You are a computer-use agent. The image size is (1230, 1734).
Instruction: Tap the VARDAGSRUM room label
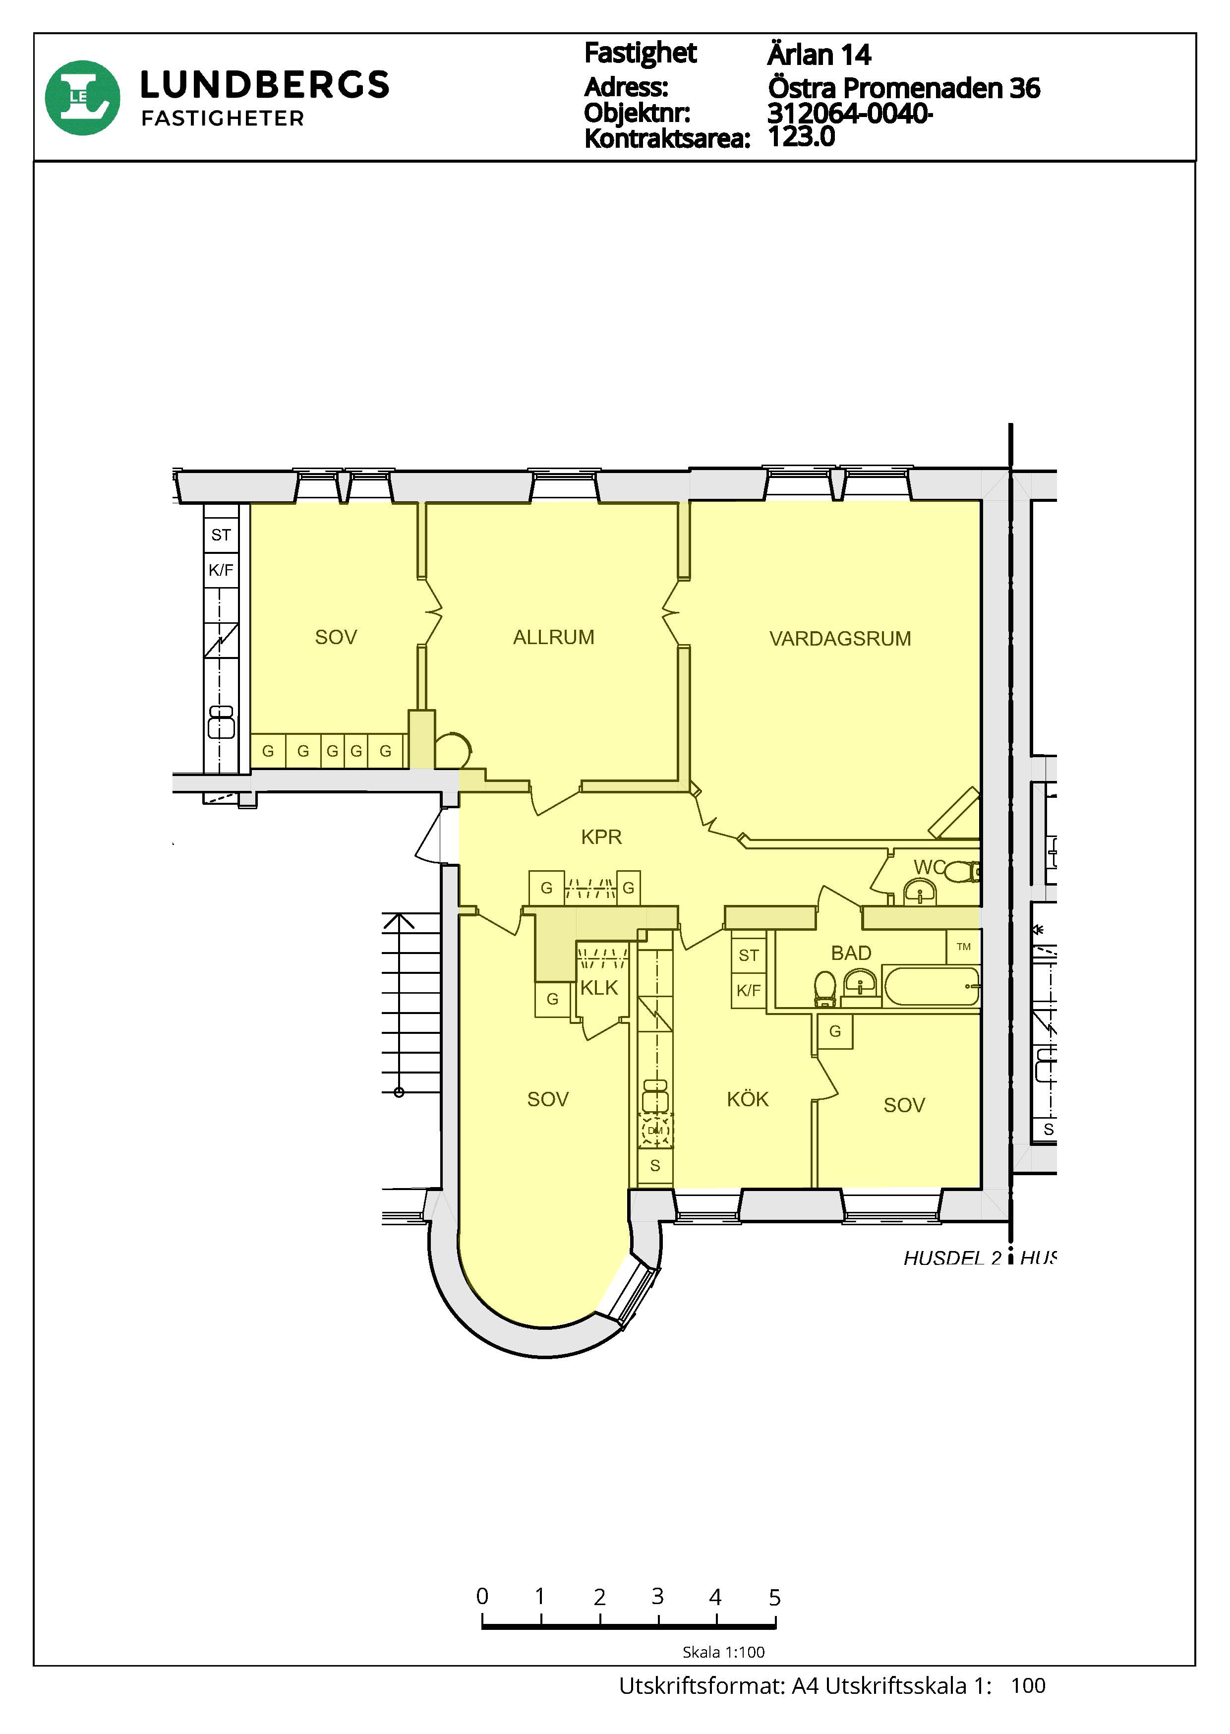click(x=840, y=639)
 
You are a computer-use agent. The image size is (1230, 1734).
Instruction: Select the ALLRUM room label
click(x=554, y=638)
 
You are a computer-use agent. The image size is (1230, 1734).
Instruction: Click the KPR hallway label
click(x=601, y=837)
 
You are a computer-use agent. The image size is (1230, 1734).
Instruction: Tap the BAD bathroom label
click(x=851, y=953)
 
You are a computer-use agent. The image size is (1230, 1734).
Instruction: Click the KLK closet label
click(x=599, y=988)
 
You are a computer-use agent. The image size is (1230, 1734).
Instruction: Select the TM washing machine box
click(x=963, y=947)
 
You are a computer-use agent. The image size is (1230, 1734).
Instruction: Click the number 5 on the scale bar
click(x=774, y=1598)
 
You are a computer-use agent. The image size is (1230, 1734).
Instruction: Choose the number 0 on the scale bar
click(x=482, y=1597)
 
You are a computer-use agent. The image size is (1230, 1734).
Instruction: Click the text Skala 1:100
click(x=723, y=1652)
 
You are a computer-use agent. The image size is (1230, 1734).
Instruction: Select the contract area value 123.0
click(x=801, y=137)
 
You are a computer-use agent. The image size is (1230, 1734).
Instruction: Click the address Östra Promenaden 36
click(x=904, y=89)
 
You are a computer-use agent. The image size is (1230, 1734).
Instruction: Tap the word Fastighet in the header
click(x=641, y=53)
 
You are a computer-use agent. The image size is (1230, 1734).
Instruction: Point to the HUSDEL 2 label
click(x=952, y=1258)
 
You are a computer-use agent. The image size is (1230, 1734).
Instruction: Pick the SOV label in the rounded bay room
click(x=548, y=1099)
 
